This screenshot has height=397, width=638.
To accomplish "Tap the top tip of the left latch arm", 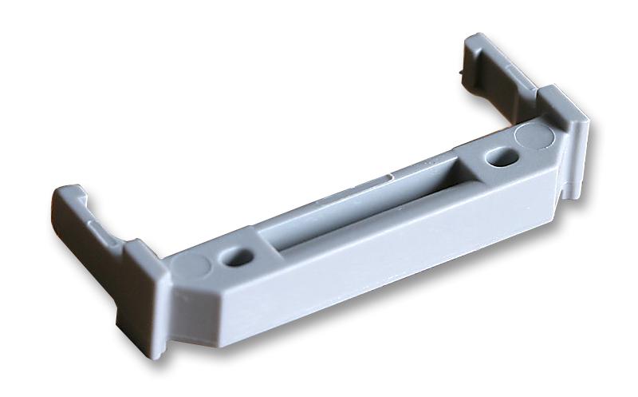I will coord(68,192).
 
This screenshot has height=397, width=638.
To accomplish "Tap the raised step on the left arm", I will coord(100,228).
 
